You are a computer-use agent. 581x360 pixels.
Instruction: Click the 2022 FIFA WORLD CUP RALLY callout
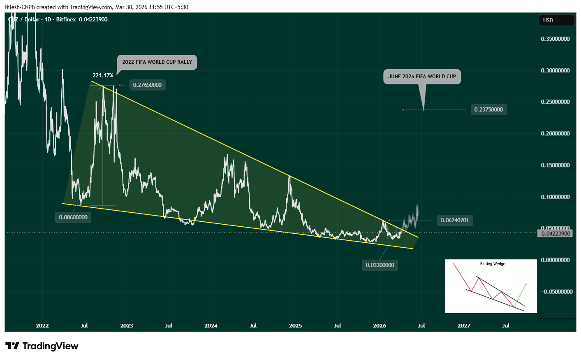point(157,62)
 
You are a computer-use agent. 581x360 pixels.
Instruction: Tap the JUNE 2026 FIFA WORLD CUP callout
point(422,77)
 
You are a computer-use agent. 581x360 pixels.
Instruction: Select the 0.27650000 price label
point(147,85)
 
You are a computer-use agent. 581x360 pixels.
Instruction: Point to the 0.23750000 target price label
point(488,110)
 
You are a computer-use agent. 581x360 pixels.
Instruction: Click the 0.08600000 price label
point(73,218)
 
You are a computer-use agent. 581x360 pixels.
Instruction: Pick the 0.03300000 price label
point(380,265)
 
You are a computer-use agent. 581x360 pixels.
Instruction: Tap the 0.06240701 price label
point(454,221)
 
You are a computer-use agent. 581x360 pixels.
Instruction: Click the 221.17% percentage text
point(103,76)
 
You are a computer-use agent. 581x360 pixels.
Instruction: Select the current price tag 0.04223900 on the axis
point(556,234)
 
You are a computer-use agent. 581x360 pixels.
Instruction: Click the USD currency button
point(556,20)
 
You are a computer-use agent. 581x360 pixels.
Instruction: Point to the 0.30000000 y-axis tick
point(555,71)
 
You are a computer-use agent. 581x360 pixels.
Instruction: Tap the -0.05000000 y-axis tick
point(556,292)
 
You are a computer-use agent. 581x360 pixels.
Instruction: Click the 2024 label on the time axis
point(211,326)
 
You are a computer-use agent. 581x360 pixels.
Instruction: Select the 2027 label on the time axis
point(464,326)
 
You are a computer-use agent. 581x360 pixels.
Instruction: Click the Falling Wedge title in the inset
point(493,264)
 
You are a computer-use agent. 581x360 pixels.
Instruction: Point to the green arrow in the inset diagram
point(521,294)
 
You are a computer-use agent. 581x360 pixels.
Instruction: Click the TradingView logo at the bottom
point(42,346)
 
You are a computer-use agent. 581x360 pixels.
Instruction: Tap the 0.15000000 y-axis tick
point(555,165)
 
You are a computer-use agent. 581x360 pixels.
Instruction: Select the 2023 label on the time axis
point(127,326)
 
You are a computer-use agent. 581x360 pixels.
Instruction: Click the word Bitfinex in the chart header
point(66,20)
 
